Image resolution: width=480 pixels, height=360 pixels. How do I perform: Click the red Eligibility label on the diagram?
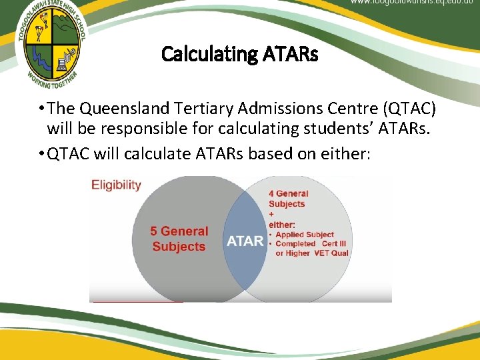click(x=116, y=185)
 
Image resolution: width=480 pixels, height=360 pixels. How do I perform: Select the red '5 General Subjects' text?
click(x=179, y=239)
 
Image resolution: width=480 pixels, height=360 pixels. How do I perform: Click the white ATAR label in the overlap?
click(x=245, y=241)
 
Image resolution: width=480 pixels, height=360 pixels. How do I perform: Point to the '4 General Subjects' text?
click(x=288, y=199)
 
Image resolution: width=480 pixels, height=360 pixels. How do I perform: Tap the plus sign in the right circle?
click(x=271, y=214)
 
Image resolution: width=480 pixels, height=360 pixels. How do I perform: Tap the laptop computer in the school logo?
click(x=64, y=64)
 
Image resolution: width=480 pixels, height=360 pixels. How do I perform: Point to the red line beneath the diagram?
click(x=137, y=302)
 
